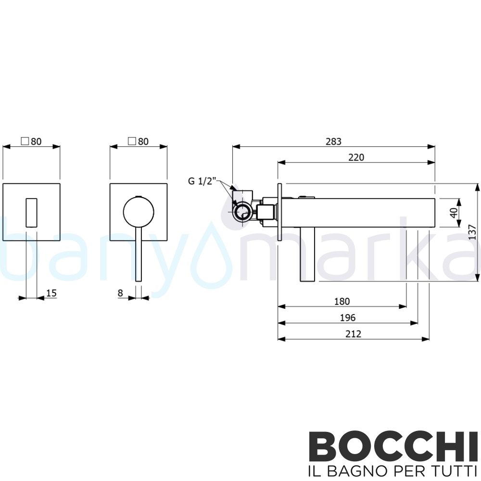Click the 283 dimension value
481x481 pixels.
click(333, 141)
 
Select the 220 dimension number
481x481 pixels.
click(356, 157)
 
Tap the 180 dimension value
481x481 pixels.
click(342, 302)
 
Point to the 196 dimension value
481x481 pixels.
click(347, 317)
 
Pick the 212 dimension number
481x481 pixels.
click(353, 333)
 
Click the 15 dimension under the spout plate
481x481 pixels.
click(51, 293)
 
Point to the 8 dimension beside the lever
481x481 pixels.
click(121, 293)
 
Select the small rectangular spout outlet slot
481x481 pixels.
click(31, 211)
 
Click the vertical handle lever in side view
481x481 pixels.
click(307, 254)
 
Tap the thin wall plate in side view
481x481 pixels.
click(278, 211)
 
